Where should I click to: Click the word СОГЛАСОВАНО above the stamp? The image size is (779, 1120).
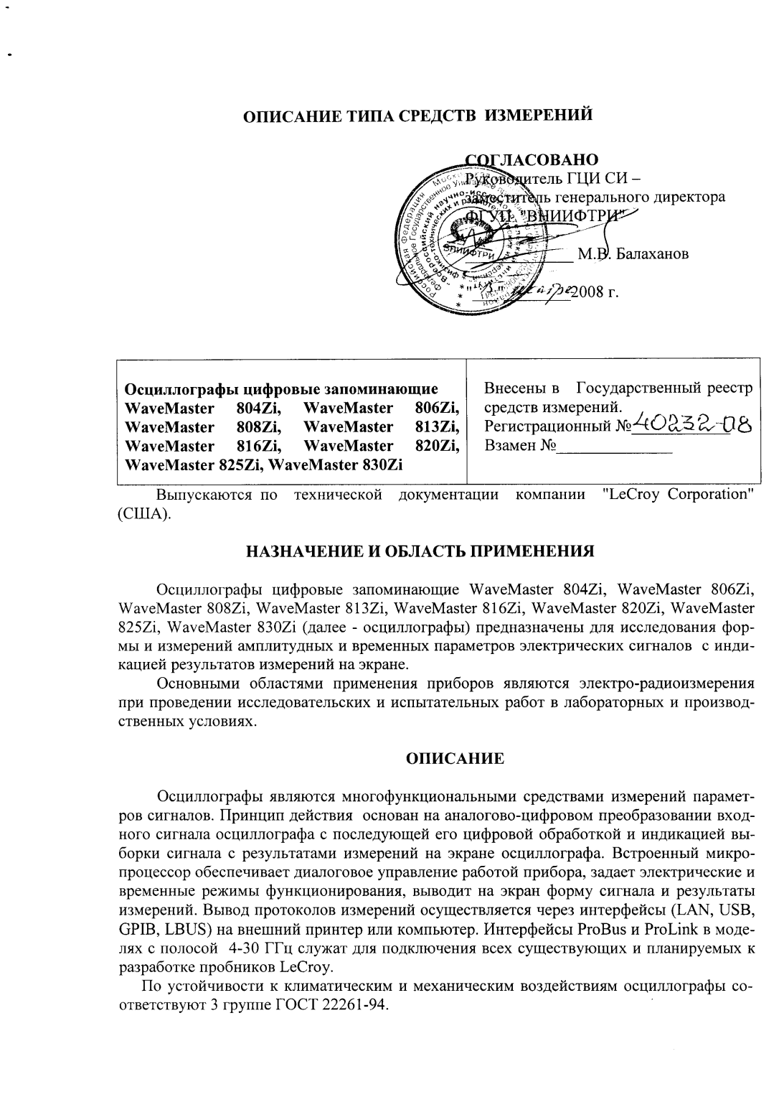pyautogui.click(x=532, y=159)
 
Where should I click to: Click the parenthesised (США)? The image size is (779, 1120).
pyautogui.click(x=143, y=515)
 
